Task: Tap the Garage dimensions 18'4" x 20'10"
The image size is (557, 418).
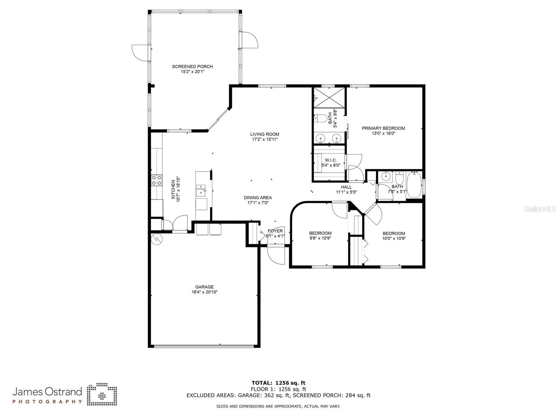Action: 204,292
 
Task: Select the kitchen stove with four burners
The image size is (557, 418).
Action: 156,180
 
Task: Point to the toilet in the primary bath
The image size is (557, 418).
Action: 323,118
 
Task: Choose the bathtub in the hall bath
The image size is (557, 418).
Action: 414,185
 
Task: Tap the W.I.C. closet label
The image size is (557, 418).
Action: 330,160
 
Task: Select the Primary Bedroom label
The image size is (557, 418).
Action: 383,128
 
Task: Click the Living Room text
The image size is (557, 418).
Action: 264,134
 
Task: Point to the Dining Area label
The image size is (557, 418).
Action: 257,198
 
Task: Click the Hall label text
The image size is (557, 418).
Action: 346,187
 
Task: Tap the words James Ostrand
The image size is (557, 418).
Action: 47,391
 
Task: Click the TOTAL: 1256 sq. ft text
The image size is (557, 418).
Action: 278,383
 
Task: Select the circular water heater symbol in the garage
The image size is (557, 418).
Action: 156,239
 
